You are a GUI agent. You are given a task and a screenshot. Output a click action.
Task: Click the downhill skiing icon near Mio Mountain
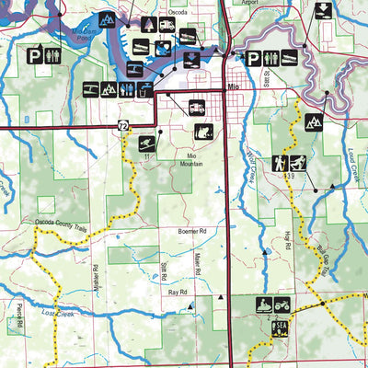click(148, 144)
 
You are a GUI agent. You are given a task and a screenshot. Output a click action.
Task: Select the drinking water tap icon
click(148, 88)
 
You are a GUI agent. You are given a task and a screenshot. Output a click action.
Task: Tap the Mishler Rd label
click(96, 276)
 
